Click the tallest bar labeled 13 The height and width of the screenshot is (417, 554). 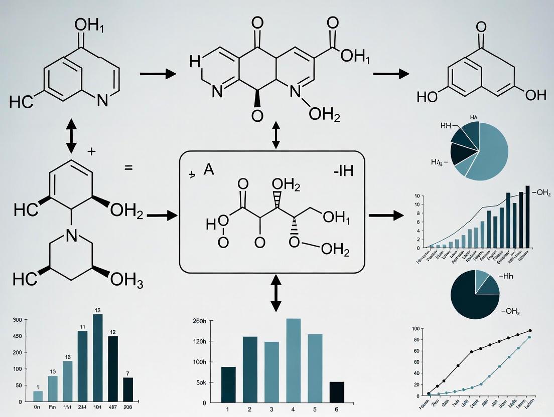[x=97, y=357]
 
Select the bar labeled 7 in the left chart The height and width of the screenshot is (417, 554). [x=128, y=389]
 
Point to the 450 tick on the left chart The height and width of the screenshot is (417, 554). [x=17, y=336]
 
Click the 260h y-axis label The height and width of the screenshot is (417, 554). [x=199, y=321]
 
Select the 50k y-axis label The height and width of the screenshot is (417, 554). [x=200, y=382]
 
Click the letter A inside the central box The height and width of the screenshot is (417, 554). [x=209, y=170]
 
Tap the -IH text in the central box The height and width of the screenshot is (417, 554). [x=343, y=171]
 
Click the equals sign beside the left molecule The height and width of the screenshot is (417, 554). [x=128, y=168]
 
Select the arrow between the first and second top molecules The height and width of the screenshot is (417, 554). [x=158, y=74]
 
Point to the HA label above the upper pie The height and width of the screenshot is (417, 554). [x=473, y=117]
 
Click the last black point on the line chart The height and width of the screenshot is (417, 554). [x=530, y=331]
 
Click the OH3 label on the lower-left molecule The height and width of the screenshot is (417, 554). [x=127, y=280]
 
